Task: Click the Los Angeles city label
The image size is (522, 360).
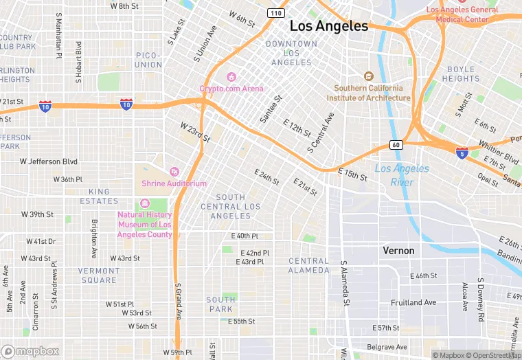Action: (328, 26)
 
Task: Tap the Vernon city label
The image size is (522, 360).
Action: (398, 251)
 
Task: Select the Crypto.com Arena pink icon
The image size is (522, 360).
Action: (231, 76)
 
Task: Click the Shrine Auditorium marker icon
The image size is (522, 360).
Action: (174, 172)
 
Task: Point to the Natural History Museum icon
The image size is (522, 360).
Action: (144, 203)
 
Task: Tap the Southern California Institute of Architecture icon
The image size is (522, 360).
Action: (368, 76)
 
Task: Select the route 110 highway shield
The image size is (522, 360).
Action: (275, 13)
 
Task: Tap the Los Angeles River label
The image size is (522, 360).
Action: (402, 175)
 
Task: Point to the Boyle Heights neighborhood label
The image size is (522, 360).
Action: (460, 74)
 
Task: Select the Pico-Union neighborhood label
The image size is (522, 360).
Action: (148, 60)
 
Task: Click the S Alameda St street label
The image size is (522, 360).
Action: (344, 283)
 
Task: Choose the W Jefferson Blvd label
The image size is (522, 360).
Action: (48, 162)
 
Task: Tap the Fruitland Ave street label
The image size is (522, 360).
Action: (413, 302)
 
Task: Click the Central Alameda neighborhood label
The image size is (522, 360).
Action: (308, 265)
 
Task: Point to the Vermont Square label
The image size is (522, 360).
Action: (98, 275)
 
